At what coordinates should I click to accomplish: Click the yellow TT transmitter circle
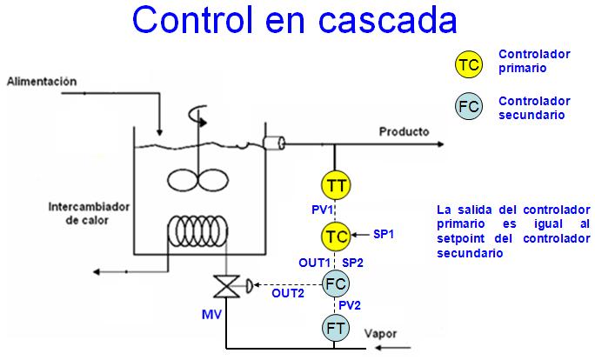pos(336,185)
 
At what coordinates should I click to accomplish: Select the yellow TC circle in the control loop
pos(336,235)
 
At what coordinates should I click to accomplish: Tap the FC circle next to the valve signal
pos(335,283)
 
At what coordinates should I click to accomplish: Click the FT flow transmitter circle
pos(335,328)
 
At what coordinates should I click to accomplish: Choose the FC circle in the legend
pos(469,107)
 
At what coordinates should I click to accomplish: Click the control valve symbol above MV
pos(228,286)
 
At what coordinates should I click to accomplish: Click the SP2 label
pos(353,261)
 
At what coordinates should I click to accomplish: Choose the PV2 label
pos(351,305)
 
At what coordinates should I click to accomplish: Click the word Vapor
pos(381,334)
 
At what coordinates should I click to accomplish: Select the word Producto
pos(404,132)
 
